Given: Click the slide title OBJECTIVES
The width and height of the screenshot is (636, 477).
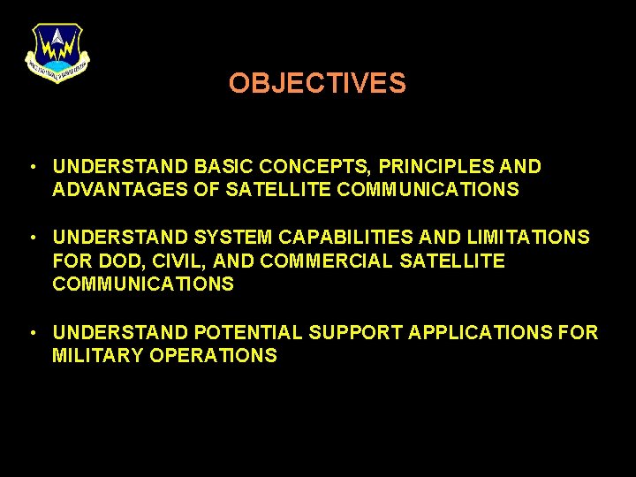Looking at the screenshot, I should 317,83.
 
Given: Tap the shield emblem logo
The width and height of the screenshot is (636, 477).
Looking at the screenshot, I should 57,52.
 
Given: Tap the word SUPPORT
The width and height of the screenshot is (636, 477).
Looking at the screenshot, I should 350,332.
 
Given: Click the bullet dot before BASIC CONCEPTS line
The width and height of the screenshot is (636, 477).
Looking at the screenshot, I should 32,167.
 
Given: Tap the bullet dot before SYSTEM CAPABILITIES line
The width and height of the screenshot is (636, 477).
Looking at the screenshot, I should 32,238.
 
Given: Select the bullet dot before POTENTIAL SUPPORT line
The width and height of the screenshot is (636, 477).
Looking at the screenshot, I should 32,333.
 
